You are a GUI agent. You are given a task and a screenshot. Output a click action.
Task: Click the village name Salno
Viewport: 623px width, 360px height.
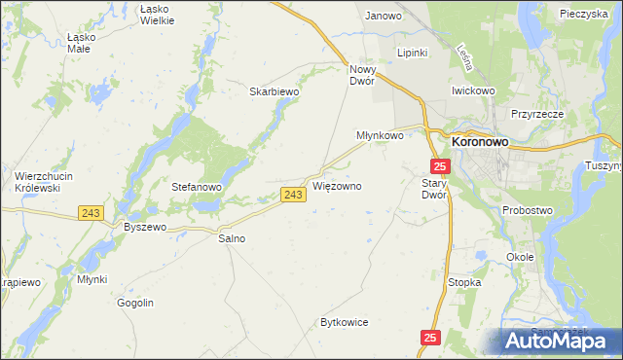click(x=232, y=237)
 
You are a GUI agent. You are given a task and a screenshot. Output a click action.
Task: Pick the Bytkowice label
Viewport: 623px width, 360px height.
click(x=345, y=322)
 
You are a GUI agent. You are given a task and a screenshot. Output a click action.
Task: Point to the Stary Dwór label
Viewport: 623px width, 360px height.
click(x=434, y=188)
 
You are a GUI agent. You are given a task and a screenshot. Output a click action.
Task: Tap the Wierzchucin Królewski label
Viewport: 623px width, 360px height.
click(x=38, y=181)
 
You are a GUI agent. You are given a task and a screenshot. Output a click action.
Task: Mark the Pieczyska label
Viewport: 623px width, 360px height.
click(x=584, y=15)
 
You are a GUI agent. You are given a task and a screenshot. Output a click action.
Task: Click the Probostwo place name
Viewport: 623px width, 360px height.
click(x=528, y=210)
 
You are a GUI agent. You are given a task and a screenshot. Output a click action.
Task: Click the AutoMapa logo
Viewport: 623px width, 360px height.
click(x=559, y=341)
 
